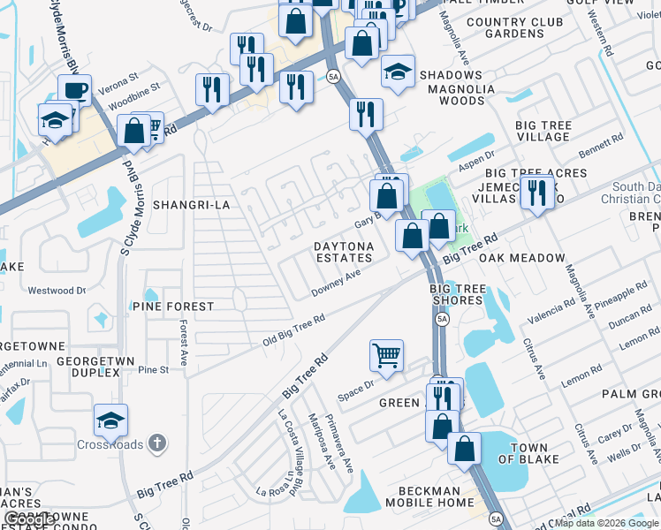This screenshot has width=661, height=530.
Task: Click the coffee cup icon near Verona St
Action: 75,90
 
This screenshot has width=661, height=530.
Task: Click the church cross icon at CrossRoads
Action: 156,443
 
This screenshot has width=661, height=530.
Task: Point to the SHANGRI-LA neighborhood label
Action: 191,205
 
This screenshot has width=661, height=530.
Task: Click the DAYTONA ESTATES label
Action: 344,252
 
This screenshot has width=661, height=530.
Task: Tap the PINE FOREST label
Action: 173,307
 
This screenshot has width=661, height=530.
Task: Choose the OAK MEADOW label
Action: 520,258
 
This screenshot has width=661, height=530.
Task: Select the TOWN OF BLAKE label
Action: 528,453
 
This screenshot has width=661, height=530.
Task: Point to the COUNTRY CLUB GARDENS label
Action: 517,27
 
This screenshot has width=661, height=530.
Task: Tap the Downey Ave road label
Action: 336,284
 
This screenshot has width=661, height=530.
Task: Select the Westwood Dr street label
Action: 57,290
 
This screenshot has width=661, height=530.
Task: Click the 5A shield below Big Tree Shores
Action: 443,318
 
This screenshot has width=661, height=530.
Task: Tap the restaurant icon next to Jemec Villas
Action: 536,193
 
